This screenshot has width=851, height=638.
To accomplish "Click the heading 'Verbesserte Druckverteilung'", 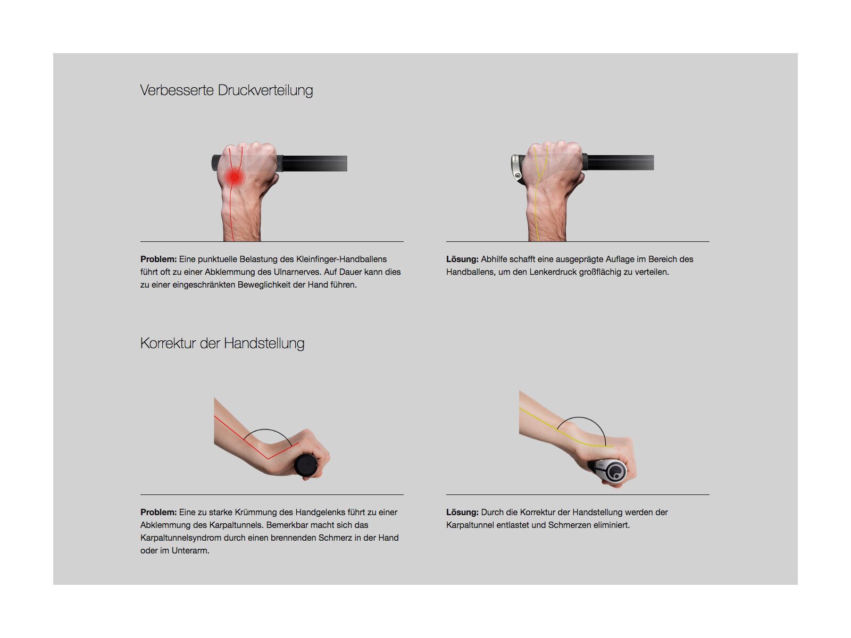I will pos(226,90).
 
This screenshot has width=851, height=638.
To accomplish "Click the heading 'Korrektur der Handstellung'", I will pos(222,343).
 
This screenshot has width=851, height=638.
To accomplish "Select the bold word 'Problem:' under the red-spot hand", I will pos(158,259).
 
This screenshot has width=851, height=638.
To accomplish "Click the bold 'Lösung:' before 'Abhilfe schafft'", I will pos(462,259).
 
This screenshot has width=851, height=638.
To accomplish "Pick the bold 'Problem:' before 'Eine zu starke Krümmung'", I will pos(158,513).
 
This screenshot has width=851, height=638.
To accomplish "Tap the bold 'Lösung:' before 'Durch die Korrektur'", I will pos(462,513).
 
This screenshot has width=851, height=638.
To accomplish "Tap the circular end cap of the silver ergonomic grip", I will pos(616,471).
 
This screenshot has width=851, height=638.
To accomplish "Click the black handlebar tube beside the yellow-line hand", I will pos(620,162).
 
